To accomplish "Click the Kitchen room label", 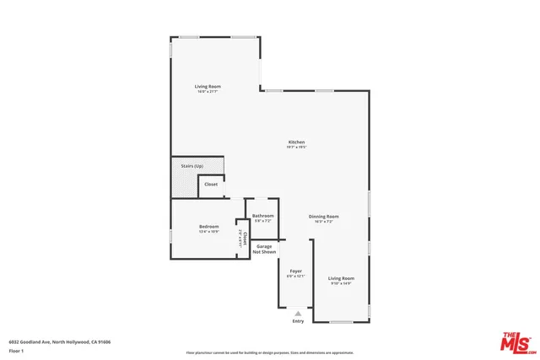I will [296, 142].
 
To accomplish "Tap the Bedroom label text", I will [208, 226].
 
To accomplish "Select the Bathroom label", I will [262, 216].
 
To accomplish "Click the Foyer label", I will [295, 271].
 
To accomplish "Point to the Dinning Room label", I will [323, 216].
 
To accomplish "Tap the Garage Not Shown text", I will [264, 249].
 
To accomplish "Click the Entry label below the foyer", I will [298, 321].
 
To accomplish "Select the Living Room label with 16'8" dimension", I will [208, 86].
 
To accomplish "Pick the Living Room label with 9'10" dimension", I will [341, 277].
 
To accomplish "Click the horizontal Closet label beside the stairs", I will [211, 184].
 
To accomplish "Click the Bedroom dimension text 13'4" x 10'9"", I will [208, 232].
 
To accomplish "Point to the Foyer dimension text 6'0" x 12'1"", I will [295, 276].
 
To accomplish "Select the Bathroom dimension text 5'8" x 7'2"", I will [262, 221].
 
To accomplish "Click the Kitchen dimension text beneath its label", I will [296, 148].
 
